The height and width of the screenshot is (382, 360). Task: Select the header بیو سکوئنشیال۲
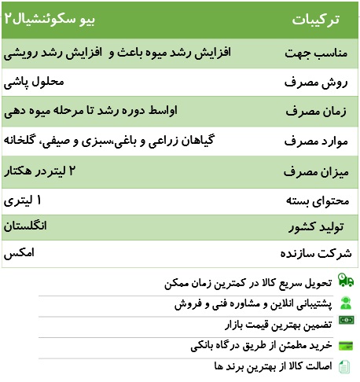click(41, 17)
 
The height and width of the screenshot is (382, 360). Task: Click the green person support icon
click(346, 302)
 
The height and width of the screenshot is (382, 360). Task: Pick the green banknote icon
click(346, 323)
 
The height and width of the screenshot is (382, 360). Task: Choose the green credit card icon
click(346, 345)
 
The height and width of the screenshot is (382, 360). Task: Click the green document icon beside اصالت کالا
click(346, 366)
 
